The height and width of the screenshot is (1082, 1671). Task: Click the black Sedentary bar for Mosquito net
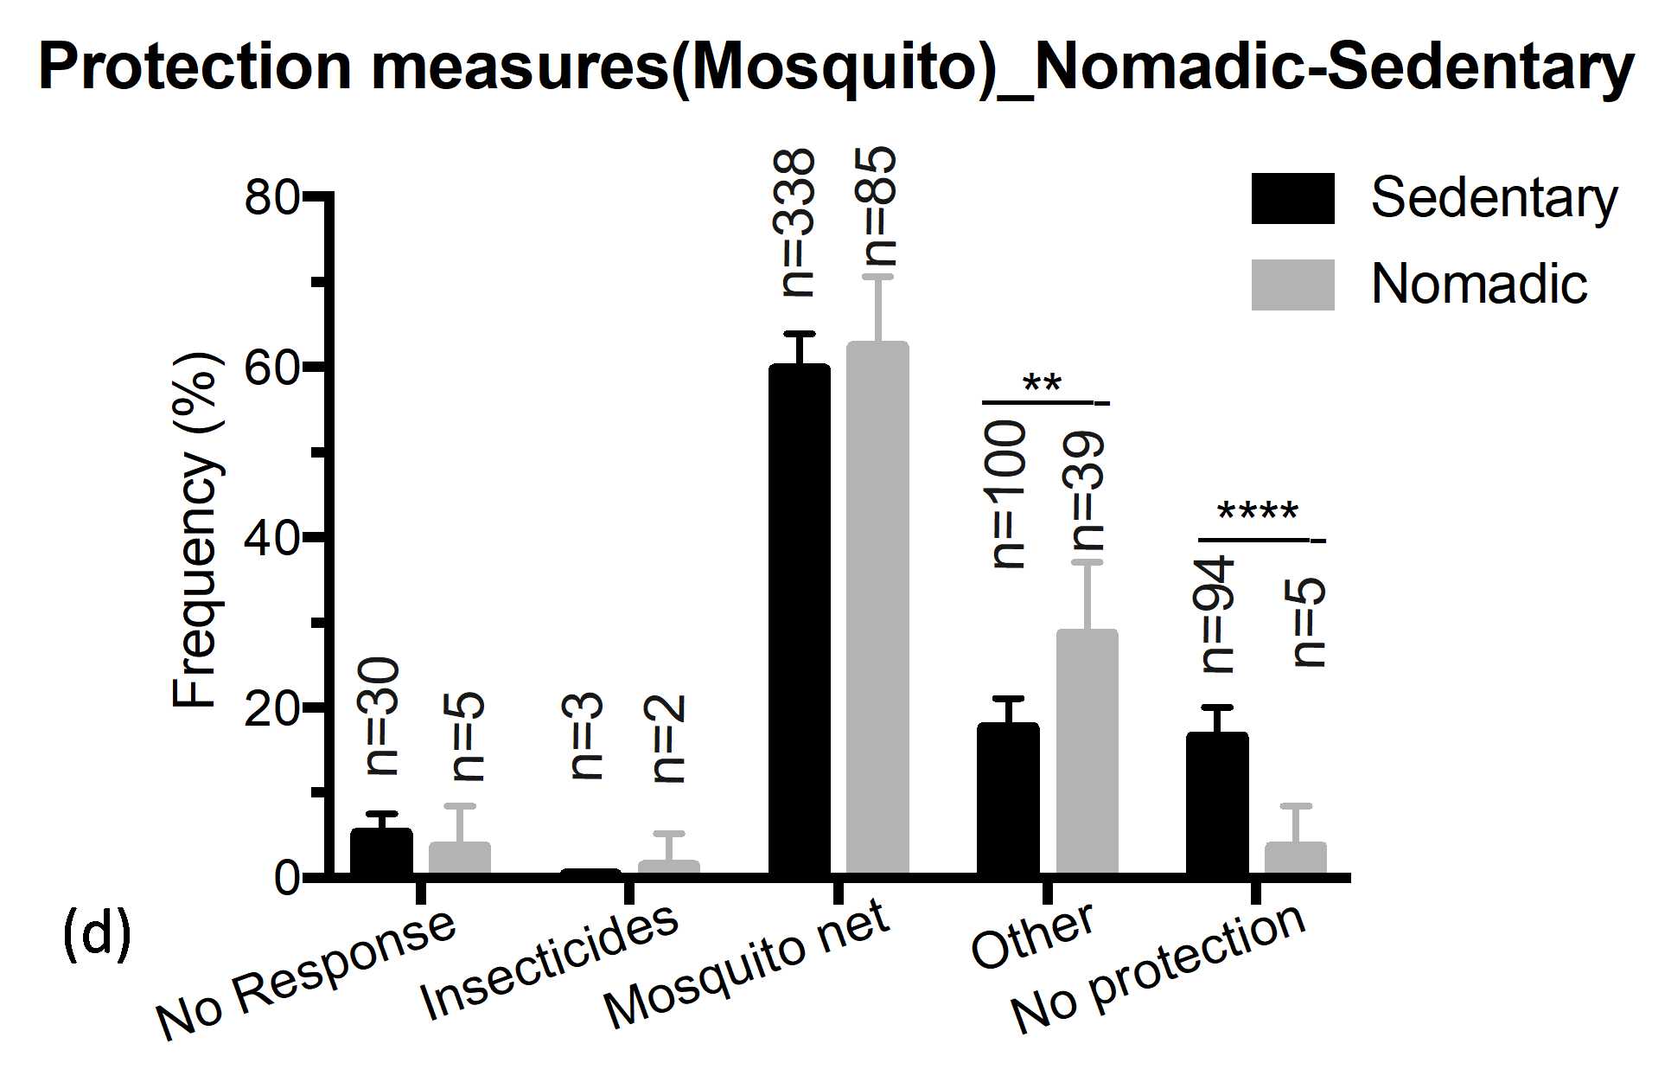pyautogui.click(x=799, y=618)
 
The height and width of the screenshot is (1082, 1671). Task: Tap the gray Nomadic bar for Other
pyautogui.click(x=1087, y=752)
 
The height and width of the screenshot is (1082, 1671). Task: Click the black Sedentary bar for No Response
pyautogui.click(x=381, y=851)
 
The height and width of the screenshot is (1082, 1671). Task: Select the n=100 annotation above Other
pyautogui.click(x=1007, y=494)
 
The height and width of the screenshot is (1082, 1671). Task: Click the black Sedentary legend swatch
pyautogui.click(x=1292, y=199)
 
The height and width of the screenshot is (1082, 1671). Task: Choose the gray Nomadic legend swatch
pyautogui.click(x=1292, y=285)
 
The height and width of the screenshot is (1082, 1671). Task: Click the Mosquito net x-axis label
pyautogui.click(x=745, y=964)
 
